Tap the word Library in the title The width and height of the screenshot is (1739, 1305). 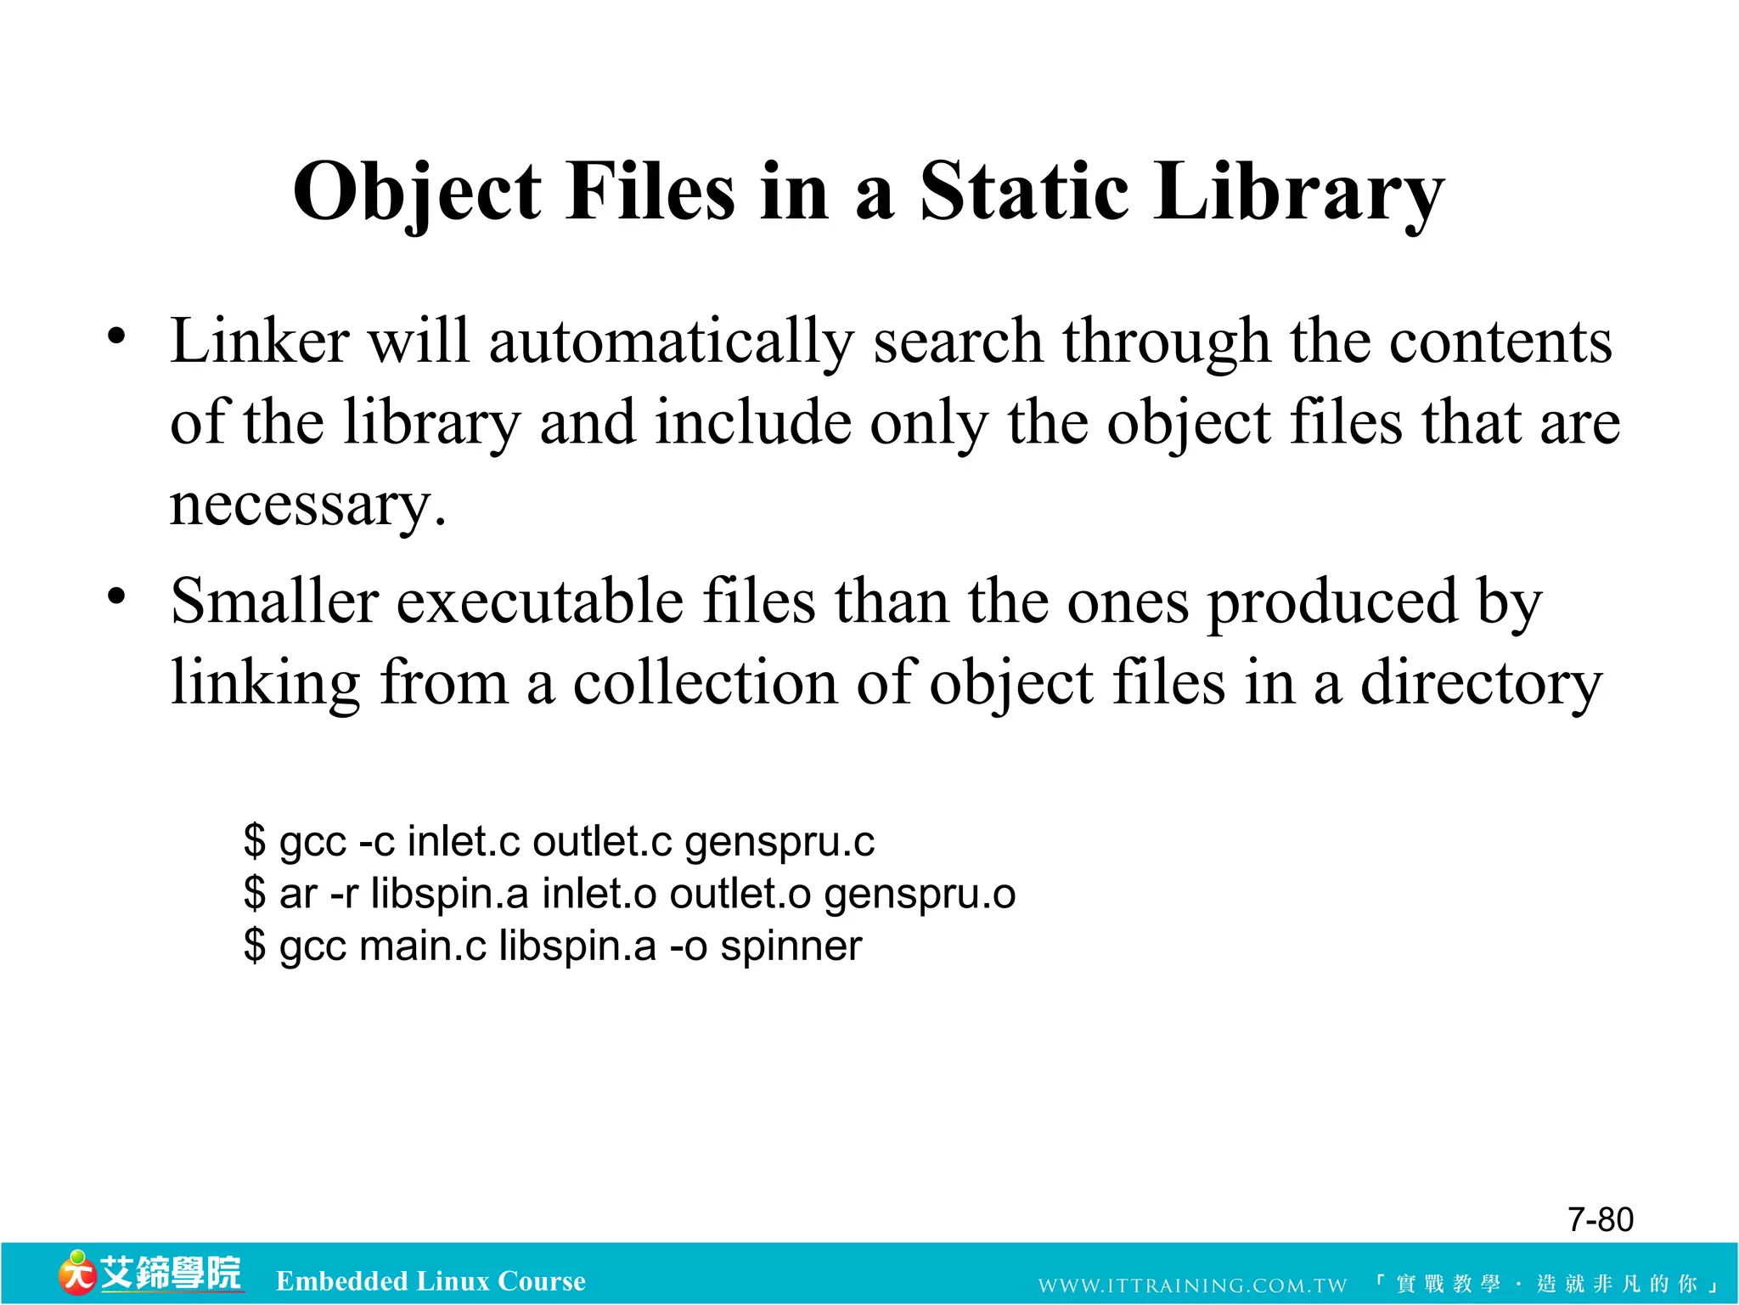tap(1298, 194)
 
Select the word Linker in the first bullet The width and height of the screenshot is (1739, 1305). tap(260, 342)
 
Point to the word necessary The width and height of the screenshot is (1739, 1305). tap(307, 505)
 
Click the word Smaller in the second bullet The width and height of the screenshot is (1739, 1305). tap(274, 601)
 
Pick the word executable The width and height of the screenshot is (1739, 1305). tap(539, 601)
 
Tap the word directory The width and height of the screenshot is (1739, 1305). tap(1481, 683)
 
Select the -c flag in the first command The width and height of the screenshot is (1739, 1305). tap(376, 842)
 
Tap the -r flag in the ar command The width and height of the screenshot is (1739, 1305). tap(343, 894)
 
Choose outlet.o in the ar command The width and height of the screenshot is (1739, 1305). tap(740, 894)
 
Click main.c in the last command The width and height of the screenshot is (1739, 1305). tap(422, 946)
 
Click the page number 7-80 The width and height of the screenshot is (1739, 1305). tap(1600, 1219)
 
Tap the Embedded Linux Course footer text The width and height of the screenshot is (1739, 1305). tap(431, 1280)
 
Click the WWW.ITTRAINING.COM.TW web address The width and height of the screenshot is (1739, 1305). tap(1192, 1285)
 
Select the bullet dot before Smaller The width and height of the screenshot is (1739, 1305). tap(116, 596)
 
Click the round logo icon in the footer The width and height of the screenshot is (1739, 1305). tap(76, 1273)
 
